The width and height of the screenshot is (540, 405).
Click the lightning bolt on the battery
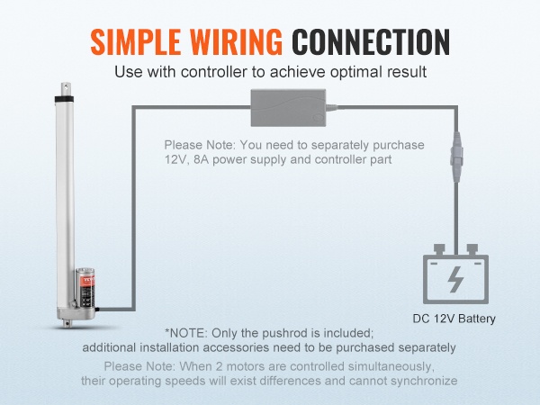pos(455,282)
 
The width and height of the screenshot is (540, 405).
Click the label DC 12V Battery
pos(454,319)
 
